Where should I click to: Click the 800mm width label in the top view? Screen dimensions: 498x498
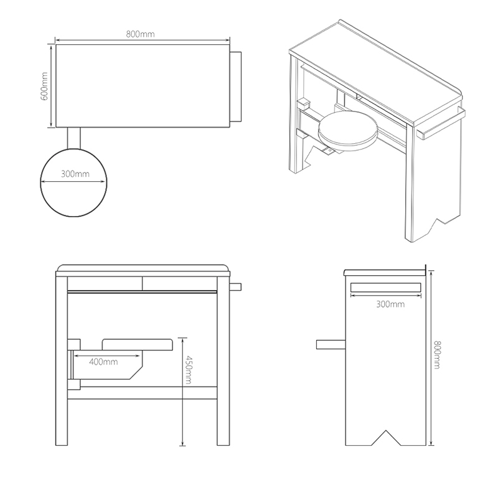coord(140,34)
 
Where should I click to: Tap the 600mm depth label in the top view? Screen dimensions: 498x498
coord(44,86)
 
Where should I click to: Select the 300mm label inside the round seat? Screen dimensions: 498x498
coord(75,174)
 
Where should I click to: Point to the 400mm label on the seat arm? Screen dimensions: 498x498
coord(103,362)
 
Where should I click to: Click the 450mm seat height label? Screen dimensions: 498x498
coord(188,370)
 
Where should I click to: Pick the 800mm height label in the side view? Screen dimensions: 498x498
coord(438,355)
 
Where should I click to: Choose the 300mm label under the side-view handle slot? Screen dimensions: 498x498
coord(390,304)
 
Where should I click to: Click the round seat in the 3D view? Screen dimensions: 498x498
coord(348,130)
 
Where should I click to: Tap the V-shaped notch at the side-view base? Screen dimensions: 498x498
coord(386,438)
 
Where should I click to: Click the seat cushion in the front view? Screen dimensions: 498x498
coord(138,345)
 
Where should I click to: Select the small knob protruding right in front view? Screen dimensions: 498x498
coord(235,287)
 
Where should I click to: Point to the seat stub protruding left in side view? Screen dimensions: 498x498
coord(331,345)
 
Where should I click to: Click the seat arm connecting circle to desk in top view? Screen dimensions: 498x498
coord(74,138)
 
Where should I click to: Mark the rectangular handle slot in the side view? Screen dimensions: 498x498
coord(385,288)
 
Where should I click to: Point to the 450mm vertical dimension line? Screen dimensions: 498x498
coord(182,392)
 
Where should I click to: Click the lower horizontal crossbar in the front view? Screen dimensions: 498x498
coord(143,393)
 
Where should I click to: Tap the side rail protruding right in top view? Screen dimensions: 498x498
coord(235,87)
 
